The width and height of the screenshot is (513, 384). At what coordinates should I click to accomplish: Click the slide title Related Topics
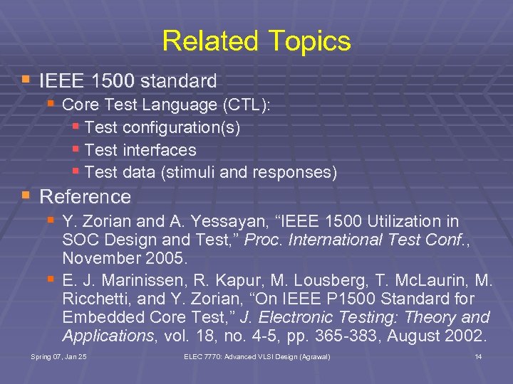coord(256,41)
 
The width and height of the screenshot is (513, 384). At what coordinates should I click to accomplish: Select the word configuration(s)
coord(182,128)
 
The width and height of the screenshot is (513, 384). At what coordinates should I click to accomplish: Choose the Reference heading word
coord(85,196)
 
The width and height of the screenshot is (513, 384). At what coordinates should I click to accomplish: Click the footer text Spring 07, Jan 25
coord(58,356)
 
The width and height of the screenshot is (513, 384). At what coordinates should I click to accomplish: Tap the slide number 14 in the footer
coord(478,356)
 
